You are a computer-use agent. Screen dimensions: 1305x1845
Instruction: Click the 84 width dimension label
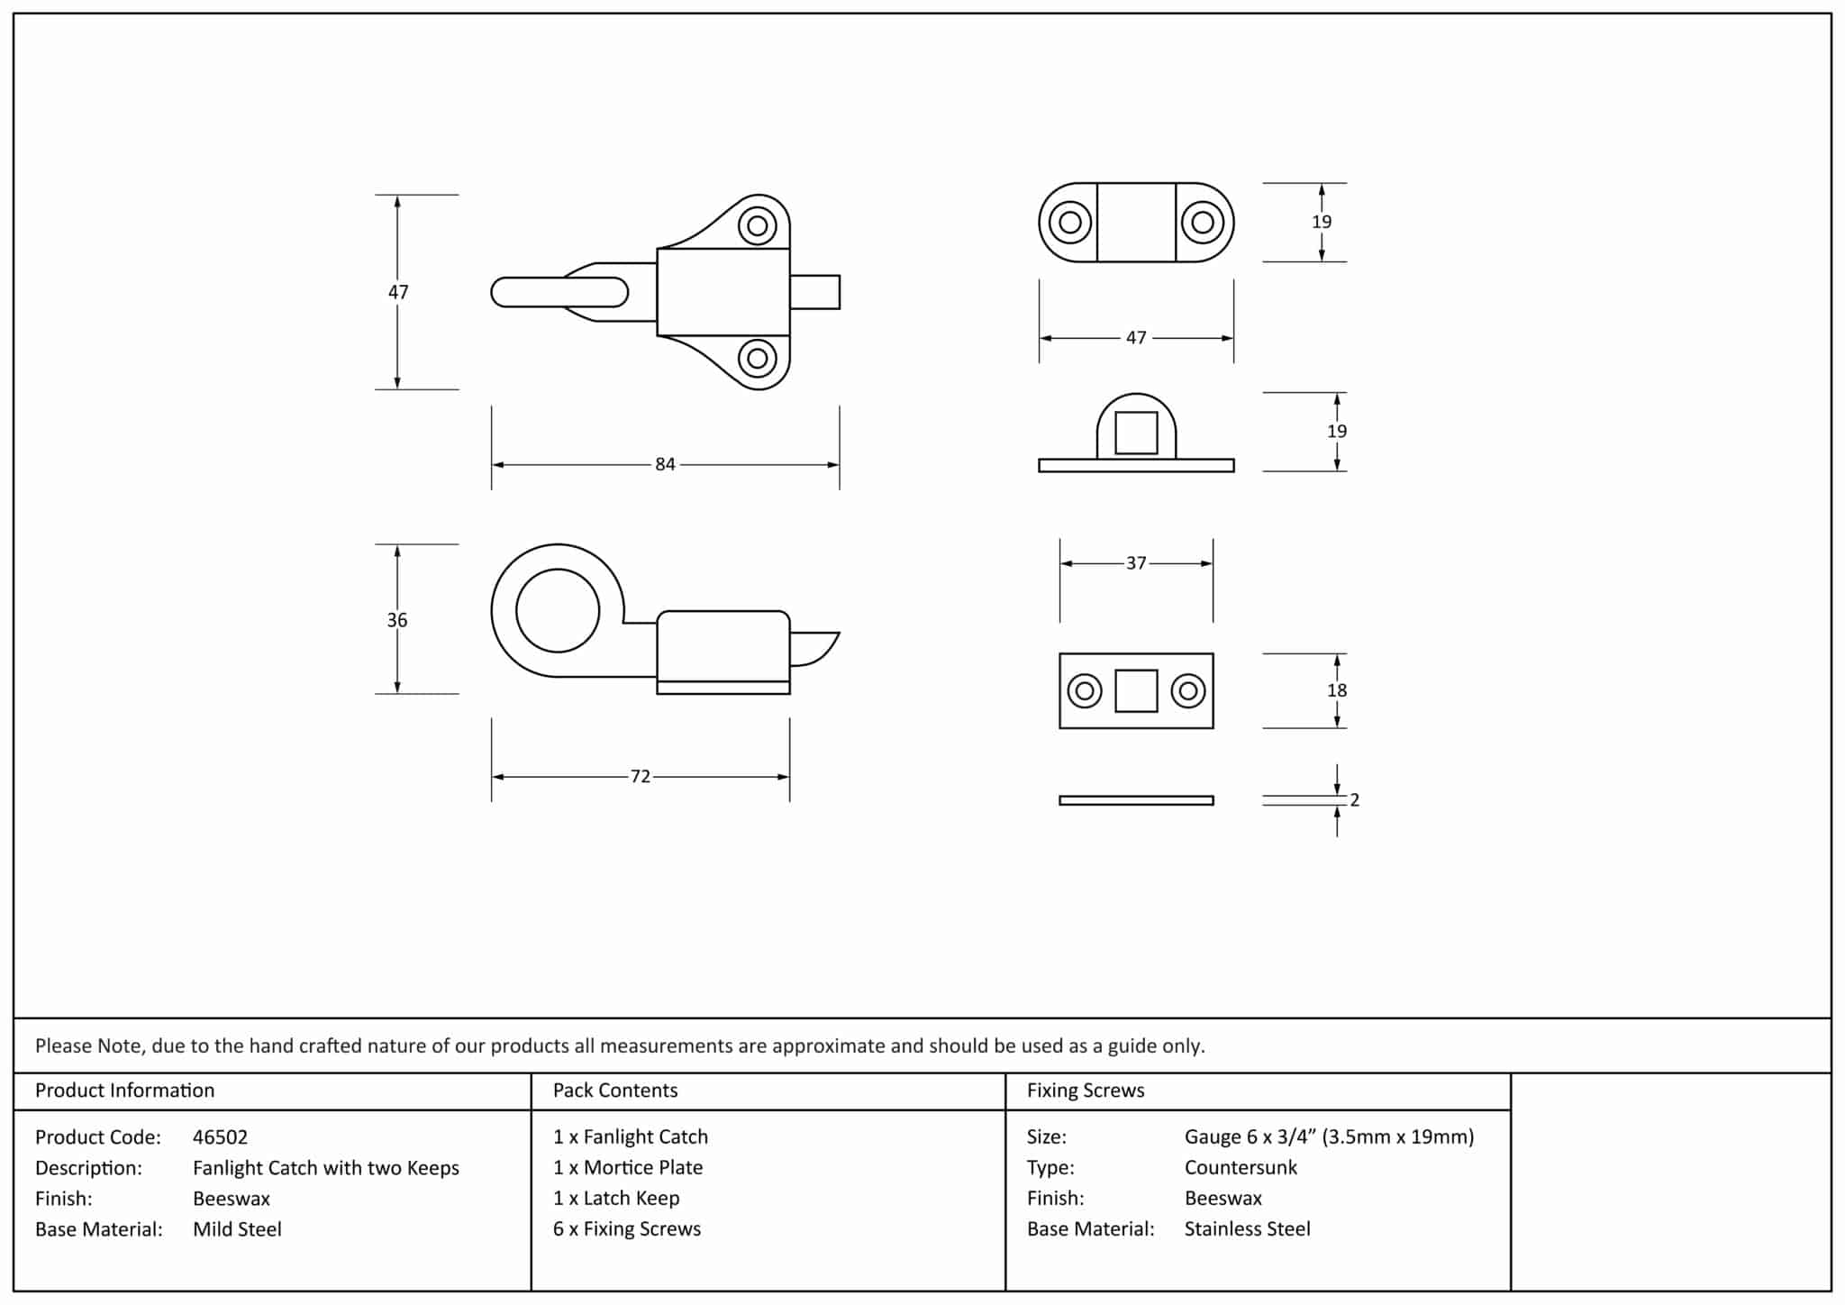665,464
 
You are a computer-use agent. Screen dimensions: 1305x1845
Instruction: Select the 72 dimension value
640,777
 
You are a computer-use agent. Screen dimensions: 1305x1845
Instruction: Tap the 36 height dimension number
397,620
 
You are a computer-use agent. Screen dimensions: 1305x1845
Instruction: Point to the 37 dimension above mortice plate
1136,563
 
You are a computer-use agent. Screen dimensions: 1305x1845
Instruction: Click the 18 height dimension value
1337,690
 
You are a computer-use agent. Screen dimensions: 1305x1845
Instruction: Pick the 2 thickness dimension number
1354,800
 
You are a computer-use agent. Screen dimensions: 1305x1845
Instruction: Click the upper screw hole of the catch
758,225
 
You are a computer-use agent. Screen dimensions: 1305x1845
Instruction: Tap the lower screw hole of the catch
758,359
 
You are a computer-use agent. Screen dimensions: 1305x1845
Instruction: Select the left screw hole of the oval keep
1069,223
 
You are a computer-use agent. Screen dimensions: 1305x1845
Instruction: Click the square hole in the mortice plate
1136,691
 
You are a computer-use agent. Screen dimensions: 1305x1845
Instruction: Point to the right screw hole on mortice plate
1188,691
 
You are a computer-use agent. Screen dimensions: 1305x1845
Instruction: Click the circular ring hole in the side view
558,611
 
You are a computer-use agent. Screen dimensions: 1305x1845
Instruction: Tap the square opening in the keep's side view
1136,433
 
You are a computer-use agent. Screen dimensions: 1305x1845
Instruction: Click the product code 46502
220,1137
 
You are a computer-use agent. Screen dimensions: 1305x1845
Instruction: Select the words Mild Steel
237,1229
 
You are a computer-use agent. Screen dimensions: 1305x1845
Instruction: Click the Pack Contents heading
614,1091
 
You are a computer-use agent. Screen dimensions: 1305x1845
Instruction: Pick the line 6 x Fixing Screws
626,1229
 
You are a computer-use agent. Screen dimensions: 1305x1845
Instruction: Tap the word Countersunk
1241,1168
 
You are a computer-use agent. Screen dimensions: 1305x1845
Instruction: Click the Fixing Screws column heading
1086,1091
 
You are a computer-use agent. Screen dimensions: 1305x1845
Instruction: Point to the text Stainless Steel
1247,1229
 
